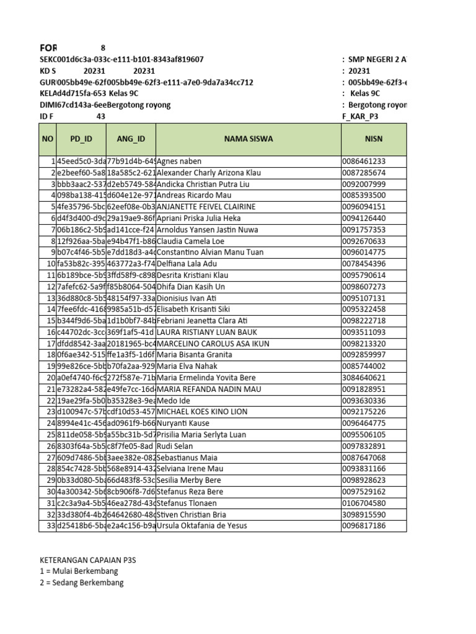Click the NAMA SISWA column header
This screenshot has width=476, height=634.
click(x=248, y=139)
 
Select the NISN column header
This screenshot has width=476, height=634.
click(x=374, y=139)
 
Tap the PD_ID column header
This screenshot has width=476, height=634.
click(x=81, y=139)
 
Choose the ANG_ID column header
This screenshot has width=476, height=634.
click(x=130, y=139)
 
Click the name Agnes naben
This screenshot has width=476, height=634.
click(x=179, y=162)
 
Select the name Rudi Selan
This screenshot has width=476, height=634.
click(x=177, y=446)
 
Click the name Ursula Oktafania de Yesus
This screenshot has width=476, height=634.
click(x=202, y=526)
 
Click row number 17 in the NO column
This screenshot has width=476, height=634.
click(x=50, y=344)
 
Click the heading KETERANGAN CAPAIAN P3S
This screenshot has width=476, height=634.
click(x=87, y=560)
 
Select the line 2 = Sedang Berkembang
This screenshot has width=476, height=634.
click(x=81, y=583)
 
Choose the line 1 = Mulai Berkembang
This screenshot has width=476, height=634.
click(x=79, y=571)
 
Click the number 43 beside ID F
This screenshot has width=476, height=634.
click(x=101, y=116)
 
